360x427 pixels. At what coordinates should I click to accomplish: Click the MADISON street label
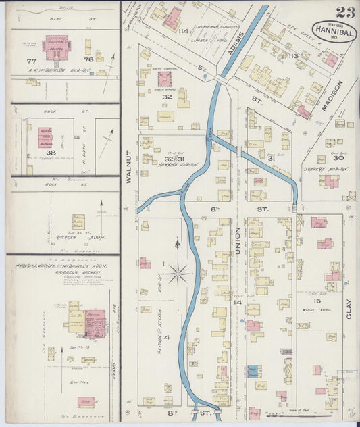[336, 95]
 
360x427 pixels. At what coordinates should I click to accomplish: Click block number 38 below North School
[50, 153]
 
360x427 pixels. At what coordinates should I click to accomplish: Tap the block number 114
[184, 31]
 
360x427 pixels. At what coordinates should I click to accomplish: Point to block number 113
[292, 56]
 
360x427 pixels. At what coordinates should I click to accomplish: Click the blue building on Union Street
[253, 371]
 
